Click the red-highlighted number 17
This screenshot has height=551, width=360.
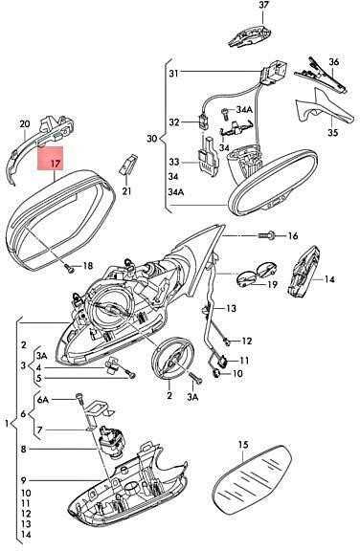tap(56, 163)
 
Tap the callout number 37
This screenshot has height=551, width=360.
tap(263, 5)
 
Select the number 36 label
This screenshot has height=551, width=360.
tap(334, 62)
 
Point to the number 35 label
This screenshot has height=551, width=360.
tap(332, 132)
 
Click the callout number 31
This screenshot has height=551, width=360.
tap(173, 73)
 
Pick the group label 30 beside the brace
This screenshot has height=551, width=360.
tap(152, 138)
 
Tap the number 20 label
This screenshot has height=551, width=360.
tap(24, 123)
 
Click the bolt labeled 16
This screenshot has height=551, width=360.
tap(267, 234)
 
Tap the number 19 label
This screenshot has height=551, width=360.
tap(272, 284)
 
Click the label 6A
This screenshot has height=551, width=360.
tap(42, 400)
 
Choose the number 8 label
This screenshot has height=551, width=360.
tap(23, 449)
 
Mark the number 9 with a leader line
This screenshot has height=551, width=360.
tap(23, 480)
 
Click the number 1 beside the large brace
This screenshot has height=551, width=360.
tap(7, 424)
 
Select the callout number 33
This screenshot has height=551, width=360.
tap(173, 162)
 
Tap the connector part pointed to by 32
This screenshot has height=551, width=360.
tap(204, 121)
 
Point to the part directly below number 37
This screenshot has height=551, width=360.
tap(250, 35)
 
